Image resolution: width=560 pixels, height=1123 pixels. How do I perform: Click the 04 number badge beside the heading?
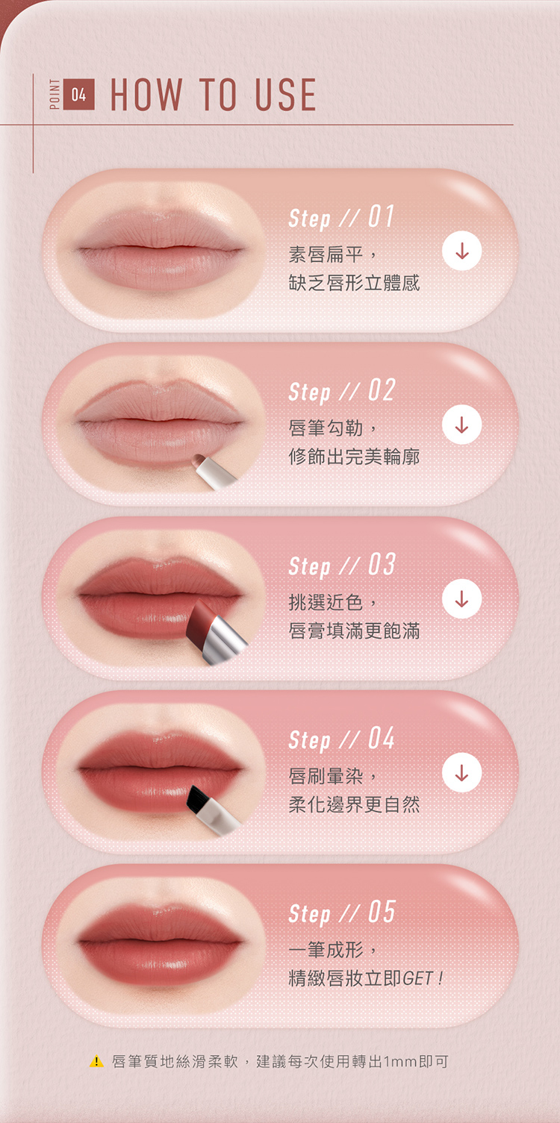tap(79, 94)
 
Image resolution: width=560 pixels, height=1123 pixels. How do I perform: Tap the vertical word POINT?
tap(55, 94)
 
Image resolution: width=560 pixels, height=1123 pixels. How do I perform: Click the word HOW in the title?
tap(146, 94)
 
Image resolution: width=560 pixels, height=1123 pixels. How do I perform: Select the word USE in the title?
tap(285, 94)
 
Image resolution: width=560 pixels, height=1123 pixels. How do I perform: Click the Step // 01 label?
tap(341, 217)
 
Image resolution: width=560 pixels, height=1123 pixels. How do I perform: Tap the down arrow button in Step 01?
tap(461, 251)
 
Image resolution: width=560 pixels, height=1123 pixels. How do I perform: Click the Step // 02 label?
tap(342, 390)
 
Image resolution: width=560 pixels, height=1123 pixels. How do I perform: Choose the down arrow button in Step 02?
tap(461, 425)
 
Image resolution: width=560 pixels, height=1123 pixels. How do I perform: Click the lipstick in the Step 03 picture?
tap(216, 632)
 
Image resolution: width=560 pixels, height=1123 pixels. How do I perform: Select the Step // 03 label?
tap(342, 565)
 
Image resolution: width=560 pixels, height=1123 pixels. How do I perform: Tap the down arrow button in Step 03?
tap(461, 598)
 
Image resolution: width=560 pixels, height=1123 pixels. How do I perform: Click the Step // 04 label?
tap(342, 739)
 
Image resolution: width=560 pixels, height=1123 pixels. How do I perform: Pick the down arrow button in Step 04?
tap(461, 772)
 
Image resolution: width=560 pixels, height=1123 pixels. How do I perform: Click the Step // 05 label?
tap(342, 913)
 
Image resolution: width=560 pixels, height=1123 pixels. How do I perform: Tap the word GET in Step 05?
tap(417, 978)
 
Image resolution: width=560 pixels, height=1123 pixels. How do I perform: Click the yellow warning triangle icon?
tap(96, 1061)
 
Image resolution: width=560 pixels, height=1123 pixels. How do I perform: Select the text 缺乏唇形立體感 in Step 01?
tap(354, 283)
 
